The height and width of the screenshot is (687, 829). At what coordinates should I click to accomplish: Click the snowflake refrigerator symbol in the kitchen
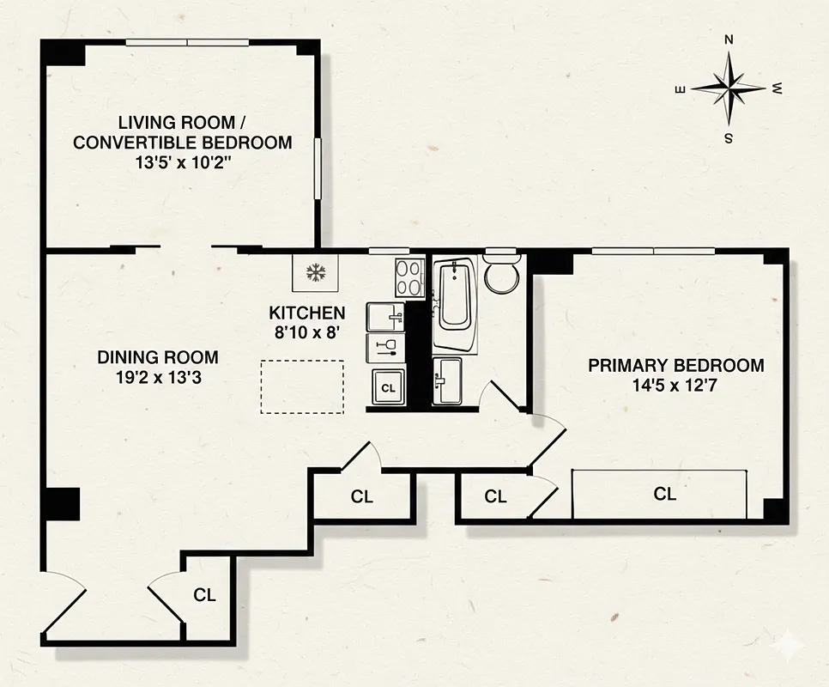317,274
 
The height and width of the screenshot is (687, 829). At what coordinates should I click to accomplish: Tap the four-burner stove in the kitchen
409,277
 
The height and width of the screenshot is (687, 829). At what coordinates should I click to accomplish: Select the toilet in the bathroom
500,273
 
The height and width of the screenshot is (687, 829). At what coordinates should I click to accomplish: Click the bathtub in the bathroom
455,304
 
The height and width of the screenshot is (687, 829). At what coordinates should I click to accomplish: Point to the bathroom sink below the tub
447,380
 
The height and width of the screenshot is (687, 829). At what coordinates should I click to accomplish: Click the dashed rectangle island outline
302,386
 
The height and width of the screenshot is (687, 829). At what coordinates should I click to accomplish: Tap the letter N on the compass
729,40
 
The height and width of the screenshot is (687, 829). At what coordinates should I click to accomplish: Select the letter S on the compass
728,137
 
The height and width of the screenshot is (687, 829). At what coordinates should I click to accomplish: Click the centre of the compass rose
729,88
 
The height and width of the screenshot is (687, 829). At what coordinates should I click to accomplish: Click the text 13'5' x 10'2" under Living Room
182,163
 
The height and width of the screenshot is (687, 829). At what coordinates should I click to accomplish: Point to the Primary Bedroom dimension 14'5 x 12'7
675,386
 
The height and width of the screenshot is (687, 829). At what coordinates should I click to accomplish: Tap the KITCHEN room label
307,313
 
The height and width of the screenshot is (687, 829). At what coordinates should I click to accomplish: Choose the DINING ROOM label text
157,356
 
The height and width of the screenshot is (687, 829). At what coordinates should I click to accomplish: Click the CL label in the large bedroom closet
664,494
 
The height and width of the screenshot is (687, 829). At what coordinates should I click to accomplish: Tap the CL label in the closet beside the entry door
203,594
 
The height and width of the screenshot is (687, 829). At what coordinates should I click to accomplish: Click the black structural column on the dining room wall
62,502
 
